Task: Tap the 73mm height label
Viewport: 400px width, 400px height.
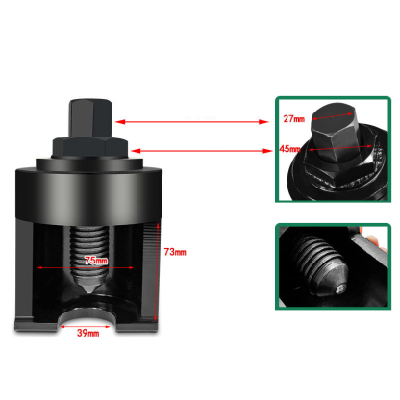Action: pos(175,251)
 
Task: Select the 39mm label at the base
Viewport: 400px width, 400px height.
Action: pos(87,333)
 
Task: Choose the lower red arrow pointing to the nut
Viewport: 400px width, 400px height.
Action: pos(201,149)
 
